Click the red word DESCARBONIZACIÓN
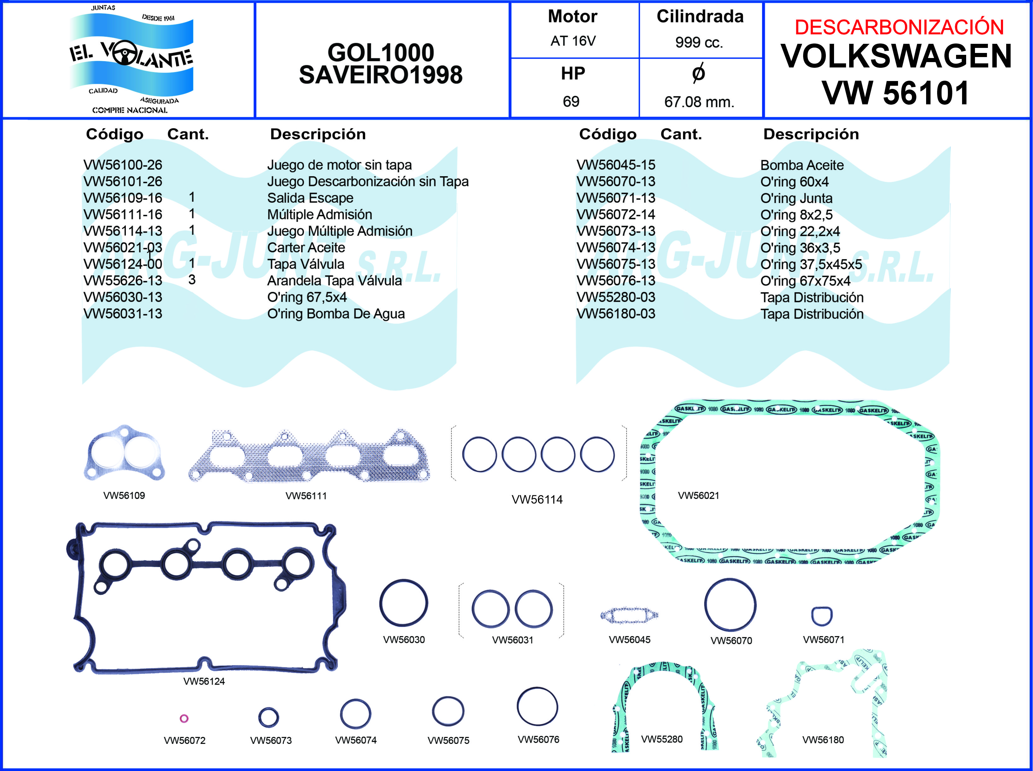click(899, 27)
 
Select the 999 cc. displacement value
click(699, 43)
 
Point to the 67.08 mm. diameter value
click(699, 102)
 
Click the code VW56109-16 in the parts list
click(123, 198)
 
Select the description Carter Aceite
click(306, 247)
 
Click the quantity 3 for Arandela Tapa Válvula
click(192, 280)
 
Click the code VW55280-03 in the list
click(616, 297)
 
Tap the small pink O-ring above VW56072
click(184, 718)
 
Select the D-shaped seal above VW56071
click(821, 616)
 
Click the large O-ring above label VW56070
click(730, 605)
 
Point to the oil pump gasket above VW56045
click(629, 616)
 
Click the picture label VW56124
click(204, 681)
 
